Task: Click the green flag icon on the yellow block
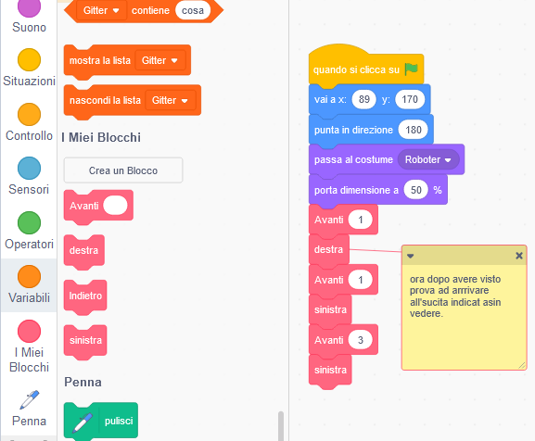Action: tap(411, 69)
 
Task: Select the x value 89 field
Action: tap(363, 99)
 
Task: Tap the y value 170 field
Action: tap(410, 99)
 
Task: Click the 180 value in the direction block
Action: tap(414, 130)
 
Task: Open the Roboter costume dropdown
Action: tap(428, 159)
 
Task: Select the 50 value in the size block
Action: tap(415, 190)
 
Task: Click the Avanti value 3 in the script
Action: tap(361, 340)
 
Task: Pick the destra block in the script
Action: tap(328, 249)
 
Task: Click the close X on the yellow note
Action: tap(519, 256)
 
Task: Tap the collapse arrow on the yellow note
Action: tap(411, 256)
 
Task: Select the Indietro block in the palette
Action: tap(85, 296)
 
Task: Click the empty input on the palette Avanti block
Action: tap(115, 206)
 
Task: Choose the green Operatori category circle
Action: tap(29, 222)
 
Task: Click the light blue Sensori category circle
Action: tap(29, 168)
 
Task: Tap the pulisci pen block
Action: tap(101, 421)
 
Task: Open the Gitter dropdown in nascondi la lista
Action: tap(171, 100)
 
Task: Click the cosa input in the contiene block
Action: tap(193, 10)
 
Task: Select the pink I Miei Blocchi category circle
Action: tap(29, 331)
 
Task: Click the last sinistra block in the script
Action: tap(330, 370)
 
